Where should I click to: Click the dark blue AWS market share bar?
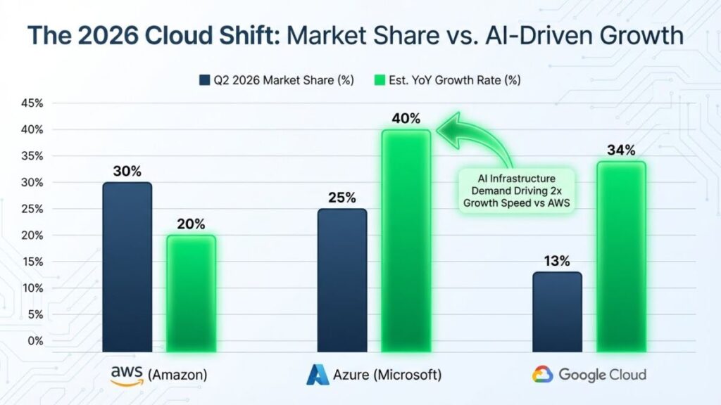coord(128,266)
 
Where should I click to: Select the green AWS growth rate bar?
coord(192,292)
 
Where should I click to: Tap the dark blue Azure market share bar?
coord(342,279)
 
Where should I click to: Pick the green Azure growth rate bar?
coord(406,240)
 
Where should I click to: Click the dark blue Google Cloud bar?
coord(557,311)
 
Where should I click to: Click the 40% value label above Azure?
coord(406,117)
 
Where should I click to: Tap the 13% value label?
coord(557,260)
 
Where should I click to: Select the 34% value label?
coord(621,150)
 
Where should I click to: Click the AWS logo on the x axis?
coord(126,374)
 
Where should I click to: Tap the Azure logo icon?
coord(318,374)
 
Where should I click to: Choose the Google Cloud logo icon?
coord(541,374)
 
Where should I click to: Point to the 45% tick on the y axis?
coord(32,103)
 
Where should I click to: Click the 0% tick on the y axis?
coord(35,340)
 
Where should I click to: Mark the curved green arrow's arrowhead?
coord(444,126)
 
